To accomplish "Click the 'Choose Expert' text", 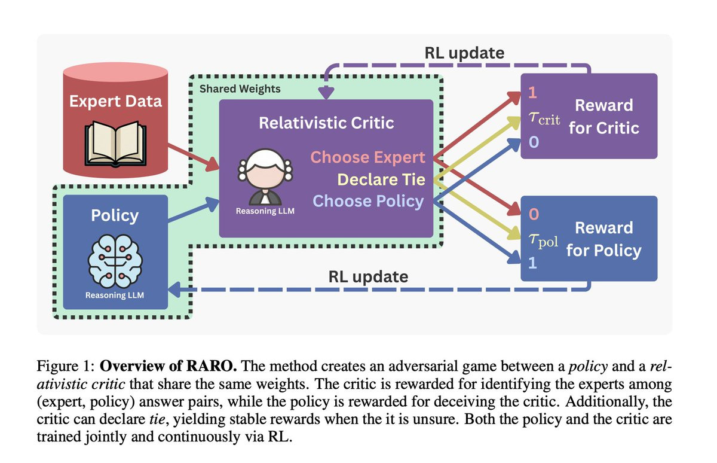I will pyautogui.click(x=368, y=158).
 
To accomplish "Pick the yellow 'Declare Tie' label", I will pyautogui.click(x=381, y=179).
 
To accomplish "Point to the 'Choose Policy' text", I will pyautogui.click(x=368, y=201).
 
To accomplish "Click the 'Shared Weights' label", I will pyautogui.click(x=240, y=89).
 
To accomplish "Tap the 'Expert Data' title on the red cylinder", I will pyautogui.click(x=115, y=101).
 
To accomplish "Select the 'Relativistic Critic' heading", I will pyautogui.click(x=326, y=123).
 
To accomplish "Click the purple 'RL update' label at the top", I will pyautogui.click(x=464, y=53).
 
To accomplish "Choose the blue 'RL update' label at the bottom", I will pyautogui.click(x=369, y=276).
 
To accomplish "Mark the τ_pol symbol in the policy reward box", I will pyautogui.click(x=543, y=240).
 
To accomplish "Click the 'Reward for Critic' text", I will pyautogui.click(x=603, y=117).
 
